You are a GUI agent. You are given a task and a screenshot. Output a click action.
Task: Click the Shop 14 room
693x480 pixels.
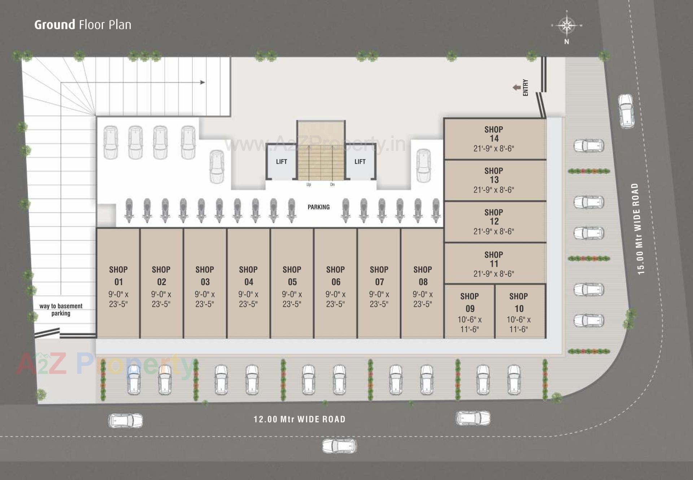[x=494, y=139]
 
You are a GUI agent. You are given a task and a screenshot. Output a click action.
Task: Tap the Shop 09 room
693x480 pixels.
[x=469, y=312]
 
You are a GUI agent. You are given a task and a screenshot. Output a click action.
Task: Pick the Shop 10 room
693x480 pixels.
[x=519, y=312]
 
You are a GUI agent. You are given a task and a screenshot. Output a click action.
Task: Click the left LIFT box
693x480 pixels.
[x=281, y=162]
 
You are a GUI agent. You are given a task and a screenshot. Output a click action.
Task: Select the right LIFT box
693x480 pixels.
[x=360, y=162]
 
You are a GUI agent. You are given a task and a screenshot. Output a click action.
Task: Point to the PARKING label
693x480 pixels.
[x=318, y=207]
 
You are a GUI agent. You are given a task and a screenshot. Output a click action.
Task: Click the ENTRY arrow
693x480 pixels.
[x=517, y=87]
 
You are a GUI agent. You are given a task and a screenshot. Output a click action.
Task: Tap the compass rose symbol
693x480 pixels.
[x=567, y=26]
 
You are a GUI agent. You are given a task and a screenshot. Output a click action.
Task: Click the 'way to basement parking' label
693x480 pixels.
[x=61, y=310]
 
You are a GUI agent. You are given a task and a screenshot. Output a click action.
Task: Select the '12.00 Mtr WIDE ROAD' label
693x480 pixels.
[x=300, y=419]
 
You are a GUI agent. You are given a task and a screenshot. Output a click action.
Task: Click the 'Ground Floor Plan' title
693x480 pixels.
[x=83, y=25]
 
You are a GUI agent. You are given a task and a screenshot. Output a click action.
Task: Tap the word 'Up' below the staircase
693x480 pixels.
[x=309, y=185]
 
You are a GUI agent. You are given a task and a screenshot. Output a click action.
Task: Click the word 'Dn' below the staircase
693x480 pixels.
[x=332, y=185]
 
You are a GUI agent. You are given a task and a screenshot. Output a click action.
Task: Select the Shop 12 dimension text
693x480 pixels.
[x=494, y=231]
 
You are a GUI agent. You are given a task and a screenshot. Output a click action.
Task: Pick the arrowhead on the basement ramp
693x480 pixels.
[x=203, y=82]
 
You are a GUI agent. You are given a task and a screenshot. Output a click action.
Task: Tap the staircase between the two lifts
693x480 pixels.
[x=321, y=159]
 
